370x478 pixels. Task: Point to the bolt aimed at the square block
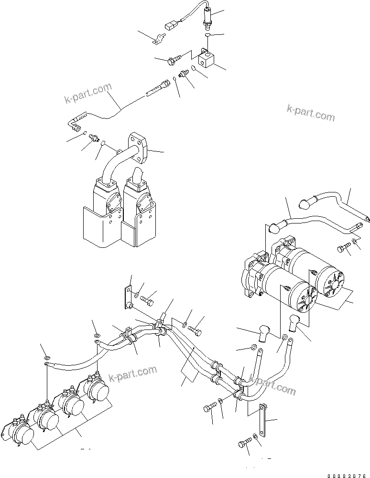point(175,60)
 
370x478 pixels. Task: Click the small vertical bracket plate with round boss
point(129,297)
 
